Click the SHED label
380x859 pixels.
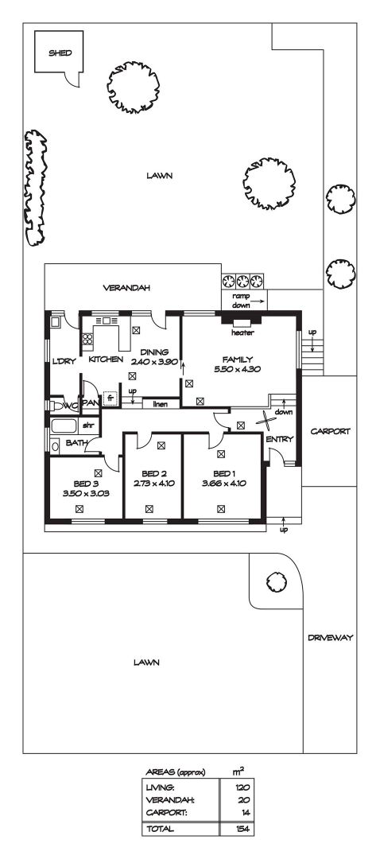click(x=60, y=53)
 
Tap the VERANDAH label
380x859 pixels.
click(x=126, y=288)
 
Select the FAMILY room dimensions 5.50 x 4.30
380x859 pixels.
click(x=238, y=369)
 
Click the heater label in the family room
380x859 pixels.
click(x=242, y=332)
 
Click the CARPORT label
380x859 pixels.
click(x=330, y=431)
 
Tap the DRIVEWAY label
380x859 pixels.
click(x=330, y=638)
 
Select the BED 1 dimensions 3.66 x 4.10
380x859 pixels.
click(x=223, y=484)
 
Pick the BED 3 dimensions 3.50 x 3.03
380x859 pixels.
click(x=86, y=493)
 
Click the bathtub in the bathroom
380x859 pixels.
click(x=64, y=427)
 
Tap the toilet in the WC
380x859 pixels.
click(x=55, y=406)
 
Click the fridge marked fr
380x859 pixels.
click(x=110, y=398)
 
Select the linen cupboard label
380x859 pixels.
click(x=160, y=404)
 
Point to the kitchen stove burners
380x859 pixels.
click(x=87, y=339)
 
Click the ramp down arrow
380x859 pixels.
click(x=259, y=301)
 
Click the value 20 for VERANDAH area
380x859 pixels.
click(x=243, y=800)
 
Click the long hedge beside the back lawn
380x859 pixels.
click(x=35, y=188)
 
